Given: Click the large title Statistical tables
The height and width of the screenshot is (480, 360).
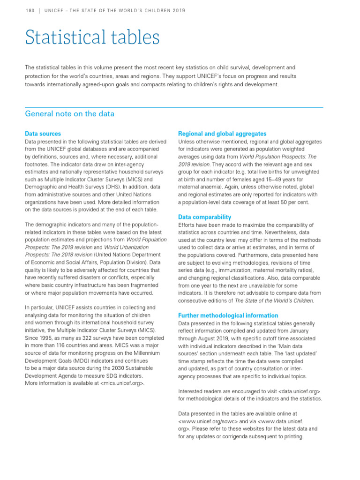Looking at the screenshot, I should coord(92,37).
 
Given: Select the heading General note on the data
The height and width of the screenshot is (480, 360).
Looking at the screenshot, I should coord(69,114).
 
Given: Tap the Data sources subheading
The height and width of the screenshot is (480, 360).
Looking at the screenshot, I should coord(43,134).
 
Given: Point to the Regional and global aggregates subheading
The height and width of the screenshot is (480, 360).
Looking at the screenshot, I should coord(222,134).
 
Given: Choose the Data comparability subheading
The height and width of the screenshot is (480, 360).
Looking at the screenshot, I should coord(204,217).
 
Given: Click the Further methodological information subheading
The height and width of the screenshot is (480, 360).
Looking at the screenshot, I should coord(228,315).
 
